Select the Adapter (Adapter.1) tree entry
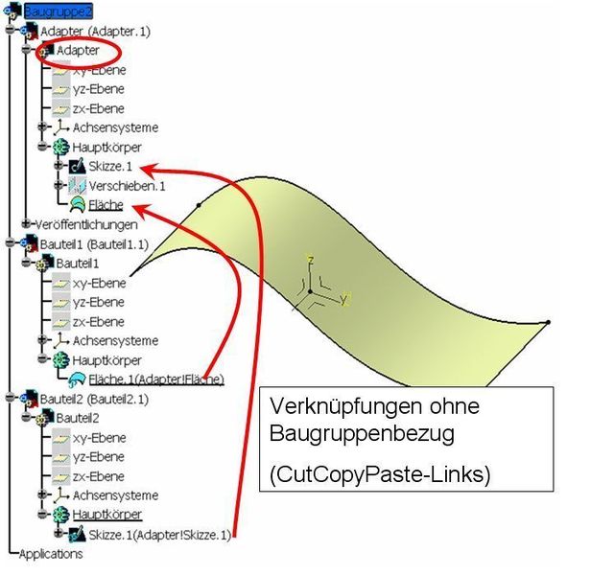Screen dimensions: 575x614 95,31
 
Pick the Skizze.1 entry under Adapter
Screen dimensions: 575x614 111,166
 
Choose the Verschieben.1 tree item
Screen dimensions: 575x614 127,185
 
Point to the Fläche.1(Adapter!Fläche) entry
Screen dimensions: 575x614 154,379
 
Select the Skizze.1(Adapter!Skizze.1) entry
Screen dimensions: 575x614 159,534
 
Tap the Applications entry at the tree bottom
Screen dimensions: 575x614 50,553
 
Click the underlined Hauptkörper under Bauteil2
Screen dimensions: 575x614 107,515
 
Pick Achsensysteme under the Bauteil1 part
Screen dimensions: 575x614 115,340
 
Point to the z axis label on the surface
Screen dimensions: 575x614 310,259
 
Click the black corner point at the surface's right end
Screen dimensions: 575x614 547,322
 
